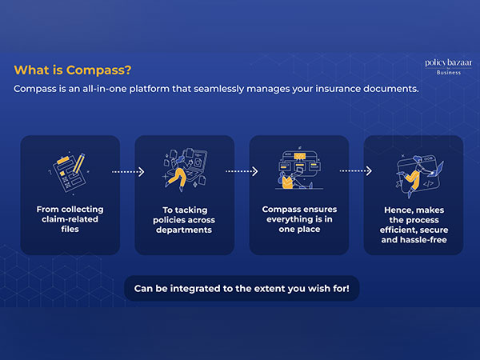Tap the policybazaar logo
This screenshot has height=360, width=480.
[442, 62]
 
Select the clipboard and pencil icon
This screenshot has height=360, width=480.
[69, 170]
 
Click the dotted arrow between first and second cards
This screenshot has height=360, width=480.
[126, 171]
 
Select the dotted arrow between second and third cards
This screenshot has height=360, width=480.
[242, 171]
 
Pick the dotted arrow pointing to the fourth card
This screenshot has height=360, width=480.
[356, 171]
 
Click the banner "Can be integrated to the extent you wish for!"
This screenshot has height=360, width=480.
[242, 287]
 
